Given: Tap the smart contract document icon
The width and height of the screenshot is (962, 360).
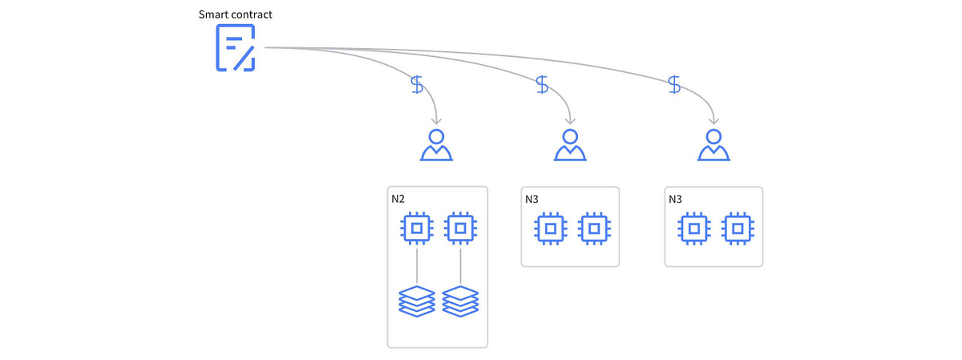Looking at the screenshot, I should click(236, 48).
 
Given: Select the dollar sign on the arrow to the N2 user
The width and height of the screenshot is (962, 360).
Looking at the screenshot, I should click(417, 84).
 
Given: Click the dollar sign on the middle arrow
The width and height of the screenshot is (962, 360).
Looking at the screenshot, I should click(543, 84).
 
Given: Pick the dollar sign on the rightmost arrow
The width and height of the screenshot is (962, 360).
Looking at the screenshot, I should click(675, 84).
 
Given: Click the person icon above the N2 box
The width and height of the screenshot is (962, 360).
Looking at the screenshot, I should click(436, 144).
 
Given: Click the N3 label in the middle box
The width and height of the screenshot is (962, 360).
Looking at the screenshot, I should click(532, 198).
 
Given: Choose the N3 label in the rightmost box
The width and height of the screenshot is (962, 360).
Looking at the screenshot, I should click(675, 198).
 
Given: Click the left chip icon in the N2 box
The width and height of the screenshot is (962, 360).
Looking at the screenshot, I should click(417, 229).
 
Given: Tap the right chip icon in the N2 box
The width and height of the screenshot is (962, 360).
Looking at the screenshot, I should click(459, 229).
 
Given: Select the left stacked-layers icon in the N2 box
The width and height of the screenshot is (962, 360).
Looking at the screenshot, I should click(417, 301).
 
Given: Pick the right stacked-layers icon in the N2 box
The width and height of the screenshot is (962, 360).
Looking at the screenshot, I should click(459, 301).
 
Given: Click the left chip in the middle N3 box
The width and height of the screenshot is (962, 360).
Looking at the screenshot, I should click(550, 229).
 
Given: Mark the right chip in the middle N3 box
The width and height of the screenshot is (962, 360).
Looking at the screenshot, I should click(593, 229).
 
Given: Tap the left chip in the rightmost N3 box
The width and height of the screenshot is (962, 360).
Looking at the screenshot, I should click(693, 229).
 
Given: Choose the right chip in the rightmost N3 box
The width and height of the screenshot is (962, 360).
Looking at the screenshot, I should click(736, 229).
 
